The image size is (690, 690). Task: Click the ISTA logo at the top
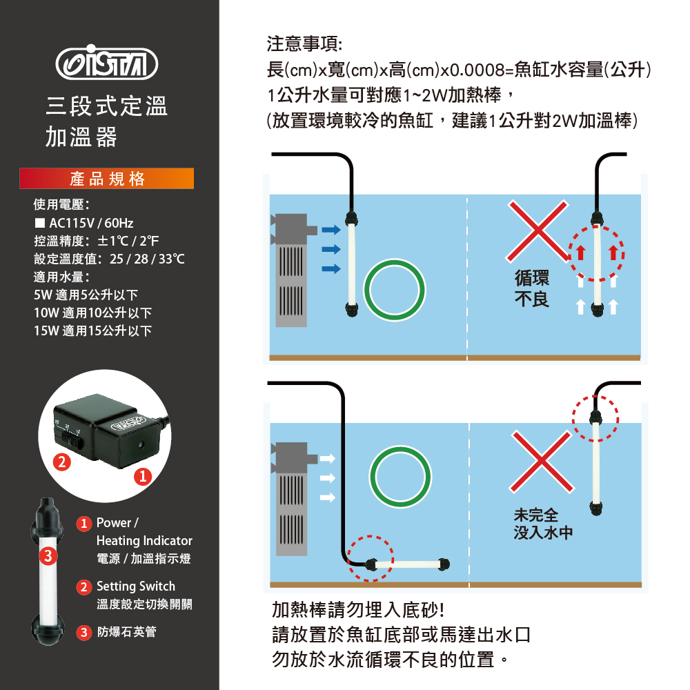tap(106, 63)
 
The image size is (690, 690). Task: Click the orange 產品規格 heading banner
tap(106, 179)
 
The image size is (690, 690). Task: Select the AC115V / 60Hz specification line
tap(84, 223)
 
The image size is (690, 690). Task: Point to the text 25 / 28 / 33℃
tap(147, 259)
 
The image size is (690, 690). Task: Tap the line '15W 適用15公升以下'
tap(93, 331)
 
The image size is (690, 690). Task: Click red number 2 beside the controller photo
tap(62, 462)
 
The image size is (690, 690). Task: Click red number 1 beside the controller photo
tap(143, 476)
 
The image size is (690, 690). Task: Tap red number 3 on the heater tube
tap(48, 555)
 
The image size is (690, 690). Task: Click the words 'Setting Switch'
tap(135, 586)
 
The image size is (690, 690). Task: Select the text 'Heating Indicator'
tap(144, 540)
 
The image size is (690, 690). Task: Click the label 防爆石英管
tap(127, 632)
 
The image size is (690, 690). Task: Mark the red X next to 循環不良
tap(538, 231)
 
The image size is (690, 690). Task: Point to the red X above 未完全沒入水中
tap(542, 461)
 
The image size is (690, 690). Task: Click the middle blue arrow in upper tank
tap(331, 249)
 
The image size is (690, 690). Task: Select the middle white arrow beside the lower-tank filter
tap(327, 478)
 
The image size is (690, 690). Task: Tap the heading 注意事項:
tap(304, 44)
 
